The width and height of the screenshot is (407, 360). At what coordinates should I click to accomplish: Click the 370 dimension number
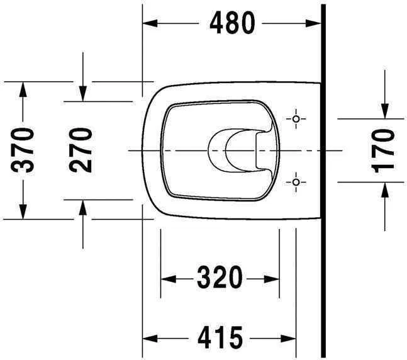point(24,150)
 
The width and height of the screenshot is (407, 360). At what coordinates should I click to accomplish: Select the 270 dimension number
point(82,150)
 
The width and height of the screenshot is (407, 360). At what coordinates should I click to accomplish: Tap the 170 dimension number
point(383,150)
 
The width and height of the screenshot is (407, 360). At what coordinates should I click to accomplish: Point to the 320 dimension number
point(220,277)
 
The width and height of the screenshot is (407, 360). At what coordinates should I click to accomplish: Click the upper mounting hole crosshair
point(296,119)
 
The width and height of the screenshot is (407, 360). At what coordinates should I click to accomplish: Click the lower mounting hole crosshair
point(296,182)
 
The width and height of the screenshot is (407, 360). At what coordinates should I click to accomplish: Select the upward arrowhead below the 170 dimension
point(383,189)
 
